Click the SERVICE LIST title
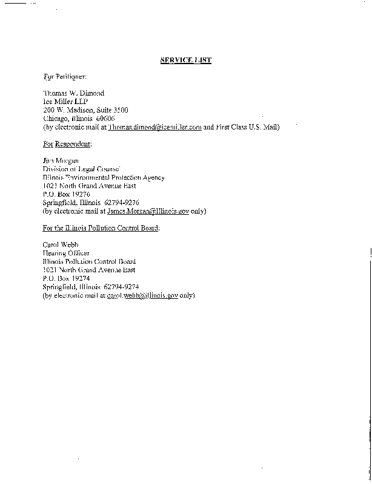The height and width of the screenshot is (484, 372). [185, 60]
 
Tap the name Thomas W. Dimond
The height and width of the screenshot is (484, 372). [73, 93]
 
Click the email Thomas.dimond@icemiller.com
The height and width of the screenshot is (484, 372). [154, 127]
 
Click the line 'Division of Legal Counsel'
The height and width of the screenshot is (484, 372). [81, 169]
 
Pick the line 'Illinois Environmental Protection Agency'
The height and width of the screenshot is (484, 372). [103, 177]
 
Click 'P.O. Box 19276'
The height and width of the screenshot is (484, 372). [66, 194]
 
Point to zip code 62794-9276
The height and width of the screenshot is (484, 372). [122, 203]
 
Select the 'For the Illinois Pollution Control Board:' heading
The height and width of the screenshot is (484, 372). [101, 228]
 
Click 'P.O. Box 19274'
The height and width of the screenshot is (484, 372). [66, 278]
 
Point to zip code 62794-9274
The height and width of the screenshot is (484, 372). [122, 287]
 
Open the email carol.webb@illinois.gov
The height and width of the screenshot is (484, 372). [142, 295]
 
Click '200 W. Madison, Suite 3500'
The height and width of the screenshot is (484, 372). [85, 110]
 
